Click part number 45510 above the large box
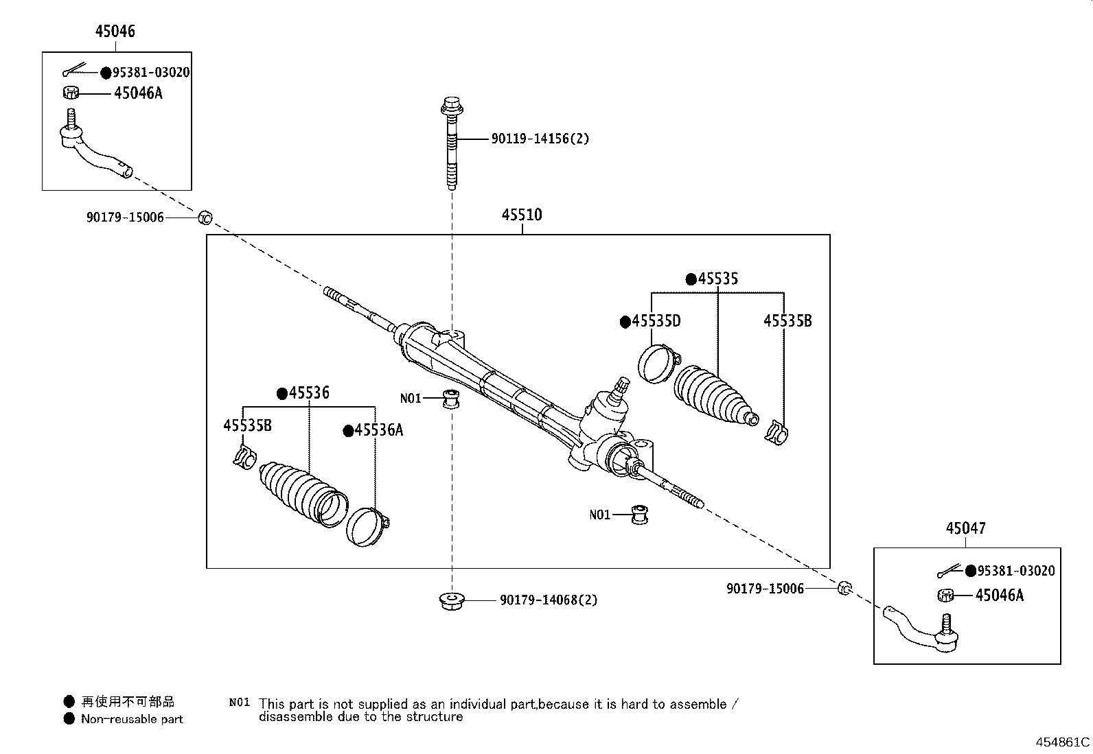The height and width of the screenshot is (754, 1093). [x=521, y=215]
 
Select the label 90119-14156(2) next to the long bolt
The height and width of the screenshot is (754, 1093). [x=540, y=139]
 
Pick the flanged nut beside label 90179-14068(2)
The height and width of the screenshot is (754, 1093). [x=450, y=601]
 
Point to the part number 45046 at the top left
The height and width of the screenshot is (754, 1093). [x=115, y=31]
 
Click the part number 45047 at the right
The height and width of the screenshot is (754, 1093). [x=965, y=528]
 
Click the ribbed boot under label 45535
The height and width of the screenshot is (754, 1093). [x=714, y=397]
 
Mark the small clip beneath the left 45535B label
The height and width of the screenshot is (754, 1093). [x=244, y=458]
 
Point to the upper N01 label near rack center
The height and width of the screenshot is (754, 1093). [x=410, y=398]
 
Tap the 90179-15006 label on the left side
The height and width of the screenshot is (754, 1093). [x=125, y=217]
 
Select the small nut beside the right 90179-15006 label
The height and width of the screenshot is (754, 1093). [x=844, y=587]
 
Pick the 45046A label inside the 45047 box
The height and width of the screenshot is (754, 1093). [x=999, y=596]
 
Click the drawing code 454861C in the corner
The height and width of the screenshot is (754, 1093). [x=1062, y=742]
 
